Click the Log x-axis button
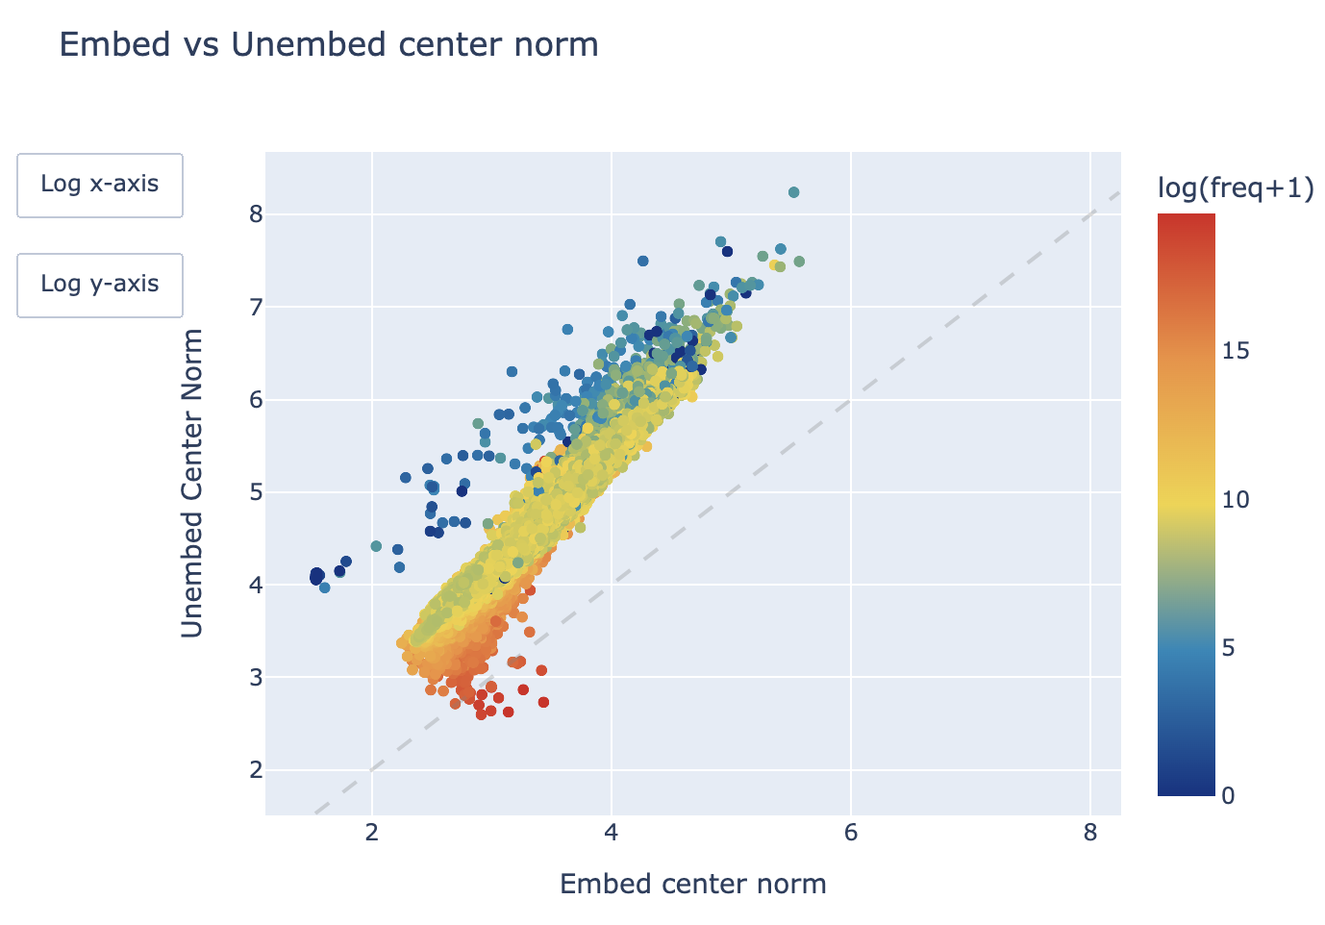click(100, 185)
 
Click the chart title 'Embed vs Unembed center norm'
click(329, 45)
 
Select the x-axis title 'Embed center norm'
click(692, 884)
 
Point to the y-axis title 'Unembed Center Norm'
click(192, 483)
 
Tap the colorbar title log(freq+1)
click(1236, 189)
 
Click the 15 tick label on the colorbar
click(1236, 351)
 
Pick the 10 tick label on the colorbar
click(1236, 500)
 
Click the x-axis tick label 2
click(371, 833)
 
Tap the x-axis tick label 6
click(851, 833)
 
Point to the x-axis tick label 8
click(1090, 833)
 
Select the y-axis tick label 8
click(255, 213)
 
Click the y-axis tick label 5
click(255, 492)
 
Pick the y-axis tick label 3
click(255, 678)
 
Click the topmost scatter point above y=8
click(793, 192)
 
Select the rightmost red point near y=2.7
click(543, 703)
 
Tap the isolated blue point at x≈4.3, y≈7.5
click(642, 261)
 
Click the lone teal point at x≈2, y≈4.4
click(376, 546)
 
